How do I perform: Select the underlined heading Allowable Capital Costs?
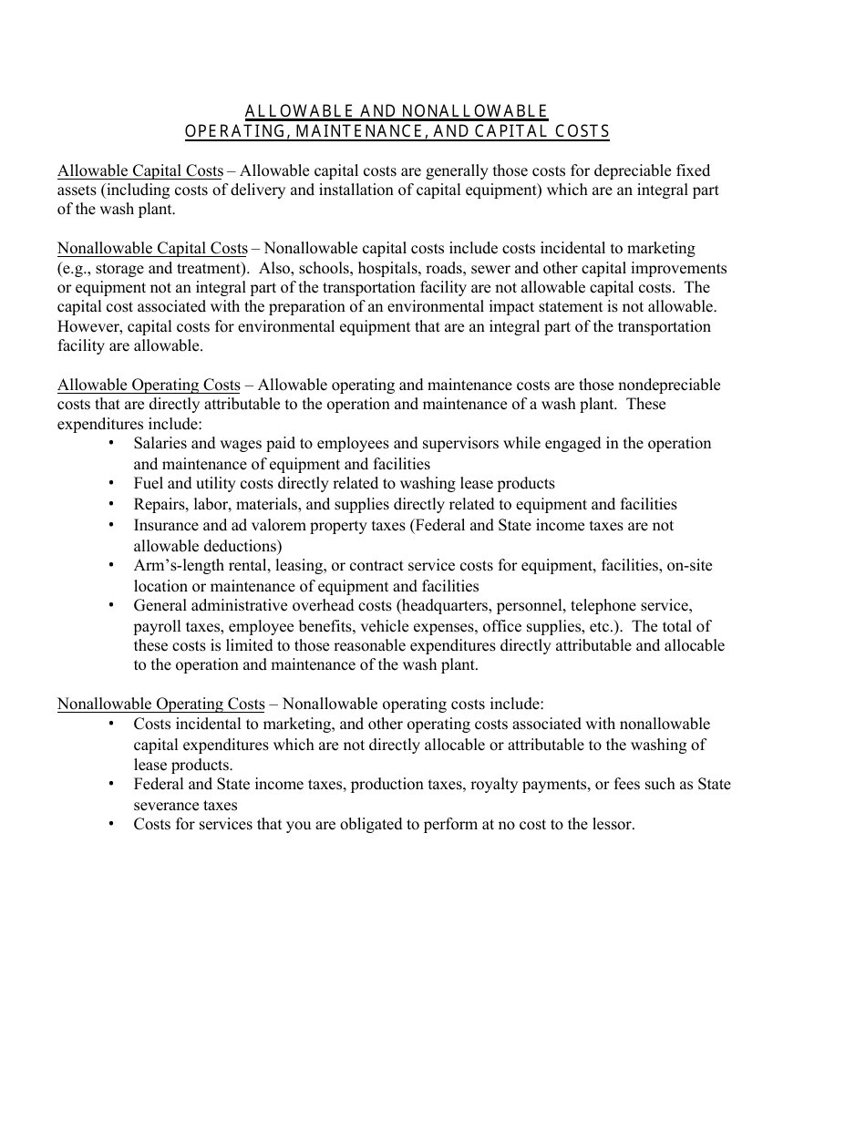(139, 170)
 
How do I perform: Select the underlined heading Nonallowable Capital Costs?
(152, 248)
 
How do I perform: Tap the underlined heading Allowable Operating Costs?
(149, 385)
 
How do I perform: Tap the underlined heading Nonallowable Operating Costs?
(160, 704)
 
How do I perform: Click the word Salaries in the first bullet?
(160, 444)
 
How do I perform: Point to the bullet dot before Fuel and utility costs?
(111, 483)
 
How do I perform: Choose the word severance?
(167, 805)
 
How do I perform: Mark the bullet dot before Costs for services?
(111, 823)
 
